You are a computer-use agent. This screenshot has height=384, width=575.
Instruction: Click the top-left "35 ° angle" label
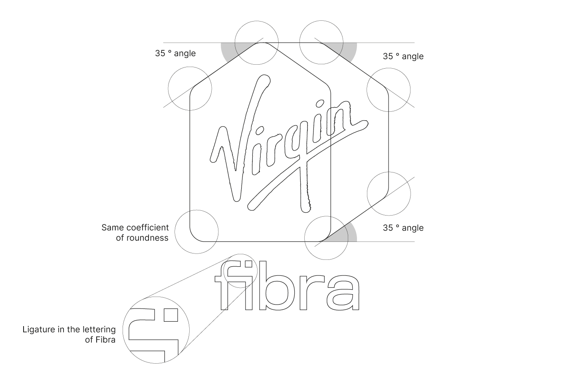pyautogui.click(x=175, y=53)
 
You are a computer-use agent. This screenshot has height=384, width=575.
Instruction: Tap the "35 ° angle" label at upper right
pyautogui.click(x=403, y=56)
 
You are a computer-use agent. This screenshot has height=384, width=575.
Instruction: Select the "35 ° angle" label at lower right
pyautogui.click(x=403, y=228)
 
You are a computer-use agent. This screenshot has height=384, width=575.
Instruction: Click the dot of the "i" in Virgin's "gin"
pyautogui.click(x=319, y=104)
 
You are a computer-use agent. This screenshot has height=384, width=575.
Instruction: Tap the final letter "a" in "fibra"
pyautogui.click(x=343, y=293)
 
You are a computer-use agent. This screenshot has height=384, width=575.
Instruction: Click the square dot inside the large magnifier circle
pyautogui.click(x=171, y=315)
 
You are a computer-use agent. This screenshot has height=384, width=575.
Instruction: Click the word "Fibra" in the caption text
pyautogui.click(x=105, y=340)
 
